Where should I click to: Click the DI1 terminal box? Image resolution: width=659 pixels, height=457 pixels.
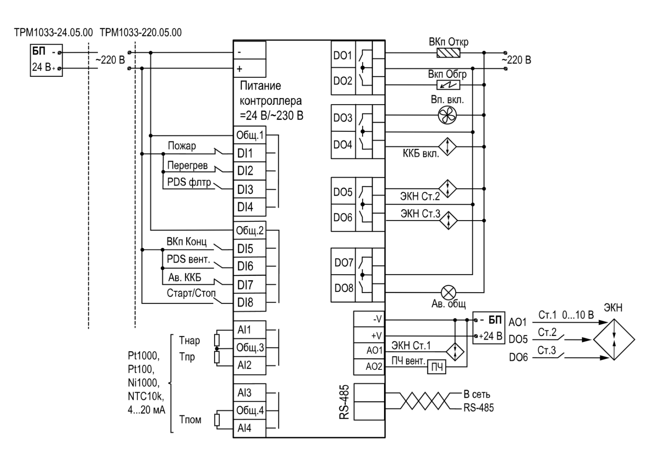250,153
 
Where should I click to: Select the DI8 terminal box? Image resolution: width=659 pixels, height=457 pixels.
250,302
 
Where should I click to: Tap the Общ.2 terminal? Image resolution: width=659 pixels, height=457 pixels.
250,230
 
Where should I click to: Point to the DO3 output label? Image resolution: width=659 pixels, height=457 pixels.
343,118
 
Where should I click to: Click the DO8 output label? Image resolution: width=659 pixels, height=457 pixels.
343,288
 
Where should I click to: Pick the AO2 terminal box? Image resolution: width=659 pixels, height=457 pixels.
369,366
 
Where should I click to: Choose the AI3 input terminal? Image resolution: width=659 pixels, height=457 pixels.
250,393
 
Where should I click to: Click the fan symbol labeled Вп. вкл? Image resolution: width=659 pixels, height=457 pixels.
447,115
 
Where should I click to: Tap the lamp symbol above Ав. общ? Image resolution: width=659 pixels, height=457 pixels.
449,293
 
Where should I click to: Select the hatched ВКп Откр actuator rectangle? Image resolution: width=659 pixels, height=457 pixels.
448,53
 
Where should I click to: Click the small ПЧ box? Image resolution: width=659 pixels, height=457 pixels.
437,367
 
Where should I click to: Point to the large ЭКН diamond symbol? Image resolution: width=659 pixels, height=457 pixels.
614,339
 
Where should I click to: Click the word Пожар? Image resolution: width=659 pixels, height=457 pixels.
182,145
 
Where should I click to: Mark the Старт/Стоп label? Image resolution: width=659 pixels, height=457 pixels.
191,293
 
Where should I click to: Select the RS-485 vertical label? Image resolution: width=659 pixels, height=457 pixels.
344,402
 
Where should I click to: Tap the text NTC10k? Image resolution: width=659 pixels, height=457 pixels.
146,396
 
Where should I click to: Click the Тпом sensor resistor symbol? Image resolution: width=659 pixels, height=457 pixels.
217,420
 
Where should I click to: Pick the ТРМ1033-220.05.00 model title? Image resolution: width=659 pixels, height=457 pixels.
141,32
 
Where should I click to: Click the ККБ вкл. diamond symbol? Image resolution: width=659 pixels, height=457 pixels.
447,147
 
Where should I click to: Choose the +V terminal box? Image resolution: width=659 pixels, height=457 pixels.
369,335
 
